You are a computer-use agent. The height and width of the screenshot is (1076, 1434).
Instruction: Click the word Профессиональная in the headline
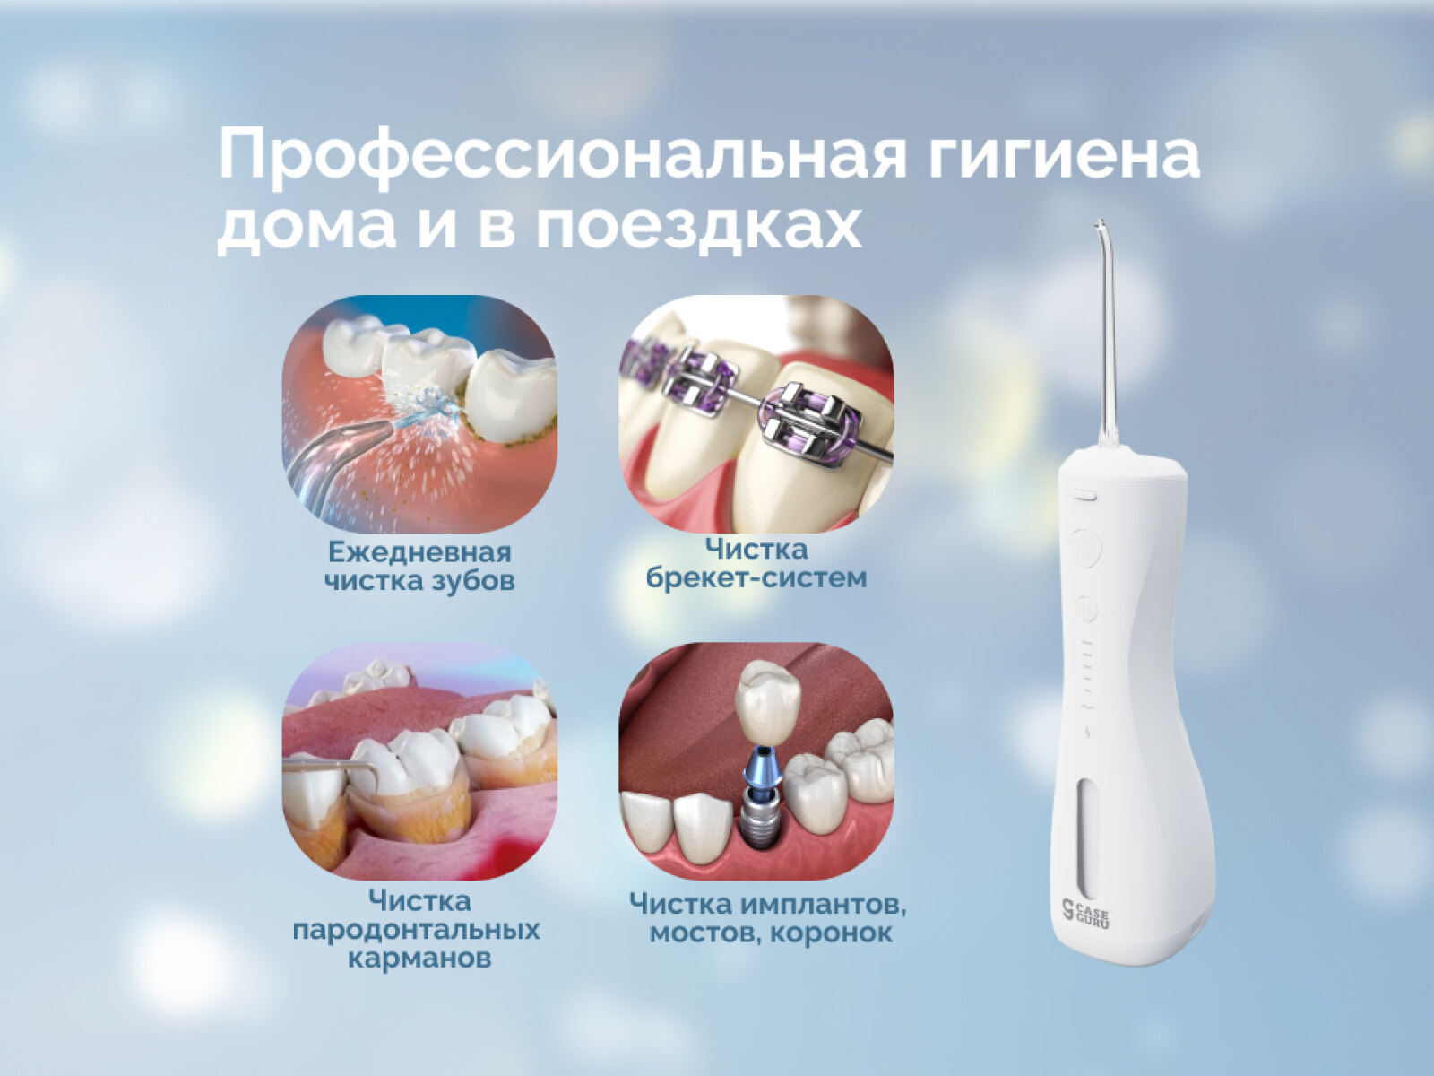pyautogui.click(x=563, y=155)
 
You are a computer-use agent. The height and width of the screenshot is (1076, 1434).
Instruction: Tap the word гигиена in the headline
pyautogui.click(x=1064, y=155)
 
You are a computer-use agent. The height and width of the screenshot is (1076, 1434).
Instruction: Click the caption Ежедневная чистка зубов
pyautogui.click(x=419, y=567)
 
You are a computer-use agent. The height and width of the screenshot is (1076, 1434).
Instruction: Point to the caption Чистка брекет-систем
pyautogui.click(x=756, y=564)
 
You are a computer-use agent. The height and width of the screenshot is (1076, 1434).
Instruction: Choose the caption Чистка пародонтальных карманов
pyautogui.click(x=417, y=929)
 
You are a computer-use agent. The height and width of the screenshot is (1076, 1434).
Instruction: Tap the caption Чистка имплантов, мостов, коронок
pyautogui.click(x=767, y=918)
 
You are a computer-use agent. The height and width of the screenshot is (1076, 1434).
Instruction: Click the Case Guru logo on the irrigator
pyautogui.click(x=1085, y=914)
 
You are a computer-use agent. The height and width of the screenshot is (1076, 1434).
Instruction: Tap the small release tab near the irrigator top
pyautogui.click(x=1085, y=495)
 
